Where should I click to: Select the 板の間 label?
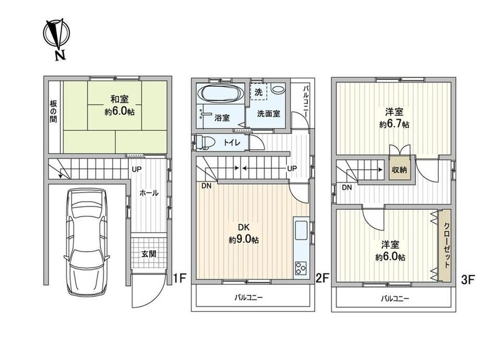coord(53,111)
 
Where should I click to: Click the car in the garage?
coord(87,242)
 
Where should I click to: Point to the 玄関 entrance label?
coord(149,254)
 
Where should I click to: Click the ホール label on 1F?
coord(149,193)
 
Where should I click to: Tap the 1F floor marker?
coord(179,278)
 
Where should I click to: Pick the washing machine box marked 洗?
coord(259,91)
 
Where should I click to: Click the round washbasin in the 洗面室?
coord(278,90)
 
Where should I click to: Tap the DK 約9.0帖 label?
coord(244,234)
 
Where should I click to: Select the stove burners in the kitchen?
coord(301,269)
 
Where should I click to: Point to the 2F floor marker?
coord(322,278)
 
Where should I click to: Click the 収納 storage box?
coord(400,169)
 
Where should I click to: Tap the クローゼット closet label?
coord(447,245)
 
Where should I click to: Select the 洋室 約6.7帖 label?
coord(394,118)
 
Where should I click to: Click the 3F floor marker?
coord(468,280)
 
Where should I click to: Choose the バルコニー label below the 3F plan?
coord(395,298)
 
